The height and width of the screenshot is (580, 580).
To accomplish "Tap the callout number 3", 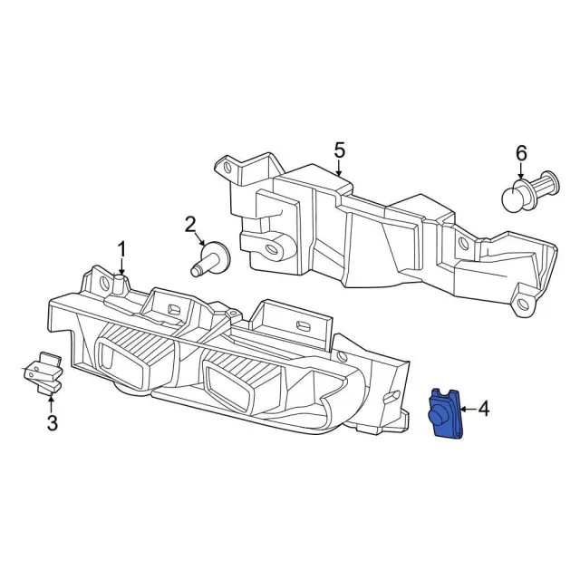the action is [x=53, y=423].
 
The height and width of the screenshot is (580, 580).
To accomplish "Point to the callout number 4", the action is [x=484, y=409].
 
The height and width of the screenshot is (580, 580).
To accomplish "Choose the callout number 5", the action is [x=339, y=150].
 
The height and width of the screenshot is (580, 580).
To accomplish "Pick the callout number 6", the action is [x=521, y=153].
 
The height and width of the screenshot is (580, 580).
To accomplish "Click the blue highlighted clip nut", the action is [x=445, y=413].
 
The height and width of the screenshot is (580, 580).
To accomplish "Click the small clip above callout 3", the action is [x=42, y=372].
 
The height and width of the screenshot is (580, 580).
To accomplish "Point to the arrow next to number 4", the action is [x=469, y=409].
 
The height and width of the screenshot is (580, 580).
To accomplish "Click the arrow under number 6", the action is [x=521, y=172].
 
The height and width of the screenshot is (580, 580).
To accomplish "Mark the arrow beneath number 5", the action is [x=338, y=168].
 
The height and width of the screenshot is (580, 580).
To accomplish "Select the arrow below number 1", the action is [x=121, y=267].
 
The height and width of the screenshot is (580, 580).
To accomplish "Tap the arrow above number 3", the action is [x=51, y=404].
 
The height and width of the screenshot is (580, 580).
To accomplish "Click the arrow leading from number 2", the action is [x=199, y=238].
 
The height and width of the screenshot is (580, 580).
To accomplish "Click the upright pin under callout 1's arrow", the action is [x=119, y=284].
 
